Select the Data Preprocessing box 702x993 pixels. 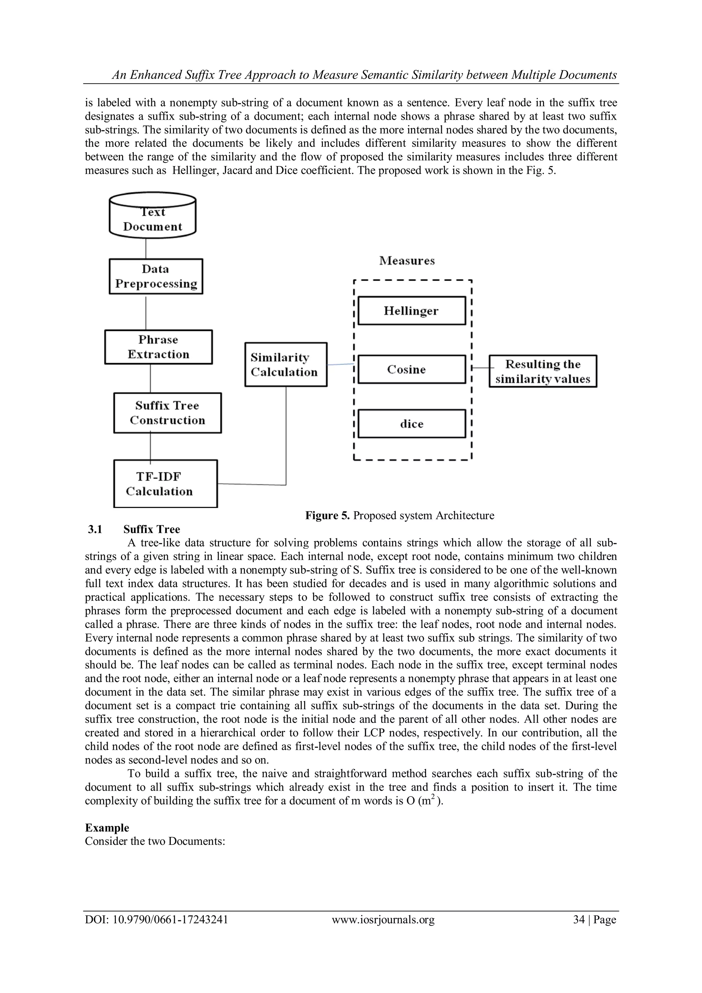[x=156, y=276]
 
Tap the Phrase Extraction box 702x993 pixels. [x=158, y=347]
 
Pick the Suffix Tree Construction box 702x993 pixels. [x=167, y=413]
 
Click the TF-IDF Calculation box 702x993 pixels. [x=165, y=484]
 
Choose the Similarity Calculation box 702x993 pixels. [x=286, y=365]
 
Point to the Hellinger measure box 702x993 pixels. [x=412, y=310]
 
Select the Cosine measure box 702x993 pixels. [x=412, y=369]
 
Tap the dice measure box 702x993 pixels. [x=412, y=424]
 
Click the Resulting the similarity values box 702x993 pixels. [x=543, y=371]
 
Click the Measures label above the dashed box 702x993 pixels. [x=407, y=261]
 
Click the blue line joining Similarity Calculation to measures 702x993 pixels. [x=341, y=365]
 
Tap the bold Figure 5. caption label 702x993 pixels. [x=327, y=516]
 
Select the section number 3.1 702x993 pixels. [x=95, y=529]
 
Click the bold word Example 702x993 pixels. [x=107, y=828]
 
